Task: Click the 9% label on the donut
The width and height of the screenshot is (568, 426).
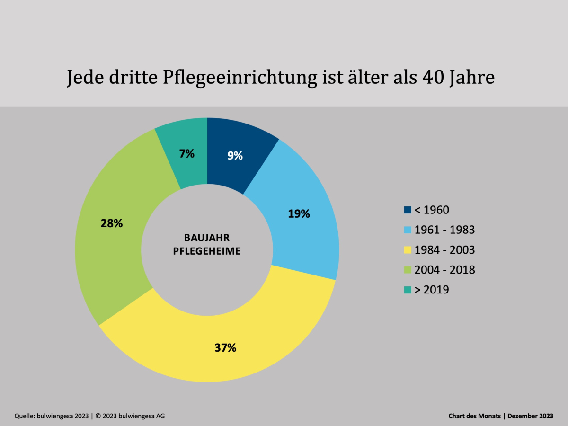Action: tap(235, 155)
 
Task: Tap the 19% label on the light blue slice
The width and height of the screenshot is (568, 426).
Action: tap(299, 213)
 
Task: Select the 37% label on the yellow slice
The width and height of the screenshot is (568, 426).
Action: tap(225, 348)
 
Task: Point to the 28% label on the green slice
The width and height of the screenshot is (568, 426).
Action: tap(112, 223)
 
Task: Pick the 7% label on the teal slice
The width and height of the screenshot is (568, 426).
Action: tap(186, 153)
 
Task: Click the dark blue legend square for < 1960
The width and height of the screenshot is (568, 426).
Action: tap(408, 210)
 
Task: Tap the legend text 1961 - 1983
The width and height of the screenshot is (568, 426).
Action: tap(444, 230)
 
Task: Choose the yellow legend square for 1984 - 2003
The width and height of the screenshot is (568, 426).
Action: tap(408, 250)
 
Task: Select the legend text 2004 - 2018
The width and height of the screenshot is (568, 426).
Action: tap(444, 270)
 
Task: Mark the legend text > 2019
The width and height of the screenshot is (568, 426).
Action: tap(431, 290)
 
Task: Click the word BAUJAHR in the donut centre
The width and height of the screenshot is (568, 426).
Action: tap(206, 238)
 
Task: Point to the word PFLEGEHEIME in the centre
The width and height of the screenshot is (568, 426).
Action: tap(206, 251)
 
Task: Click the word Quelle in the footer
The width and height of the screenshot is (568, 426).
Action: tap(26, 416)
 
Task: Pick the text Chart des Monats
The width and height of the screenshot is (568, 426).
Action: tap(475, 416)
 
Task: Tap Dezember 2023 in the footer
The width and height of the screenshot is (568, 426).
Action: tap(530, 416)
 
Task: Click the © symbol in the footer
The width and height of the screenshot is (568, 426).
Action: tap(98, 416)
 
